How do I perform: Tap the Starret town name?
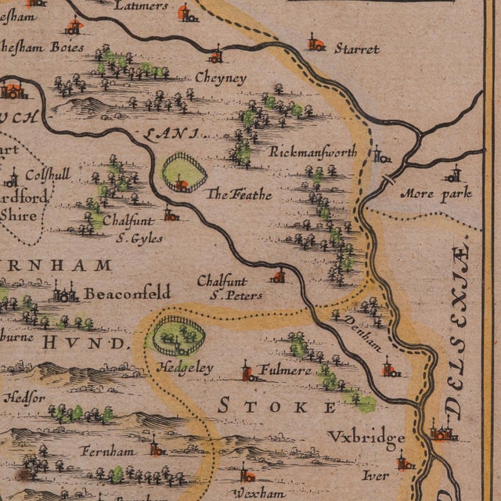click(x=356, y=49)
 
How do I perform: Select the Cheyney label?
click(x=219, y=78)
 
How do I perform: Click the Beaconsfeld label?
click(x=127, y=294)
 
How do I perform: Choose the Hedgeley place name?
click(x=181, y=367)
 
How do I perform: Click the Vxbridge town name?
click(x=366, y=437)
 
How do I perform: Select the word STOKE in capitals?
click(x=277, y=405)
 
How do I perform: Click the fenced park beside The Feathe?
click(x=184, y=173)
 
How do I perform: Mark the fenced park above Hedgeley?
click(x=178, y=336)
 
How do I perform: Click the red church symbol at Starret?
click(x=315, y=42)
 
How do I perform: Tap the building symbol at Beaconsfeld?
click(x=64, y=294)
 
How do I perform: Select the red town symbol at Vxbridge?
click(x=443, y=431)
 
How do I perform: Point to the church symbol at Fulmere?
click(x=248, y=371)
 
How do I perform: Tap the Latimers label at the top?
click(x=141, y=6)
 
